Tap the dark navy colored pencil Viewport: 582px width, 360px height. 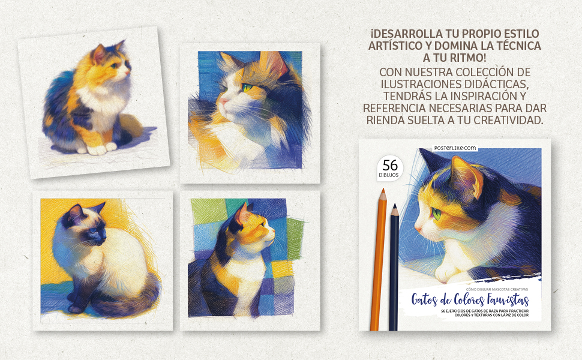pos(394,267)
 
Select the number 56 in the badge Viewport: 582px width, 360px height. pos(390,165)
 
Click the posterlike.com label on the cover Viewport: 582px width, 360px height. pos(455,148)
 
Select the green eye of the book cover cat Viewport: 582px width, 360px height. pos(437,214)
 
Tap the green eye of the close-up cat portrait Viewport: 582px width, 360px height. pos(247,88)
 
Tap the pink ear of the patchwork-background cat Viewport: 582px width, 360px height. pos(242,214)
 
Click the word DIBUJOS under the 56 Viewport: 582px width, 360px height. pos(389,175)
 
